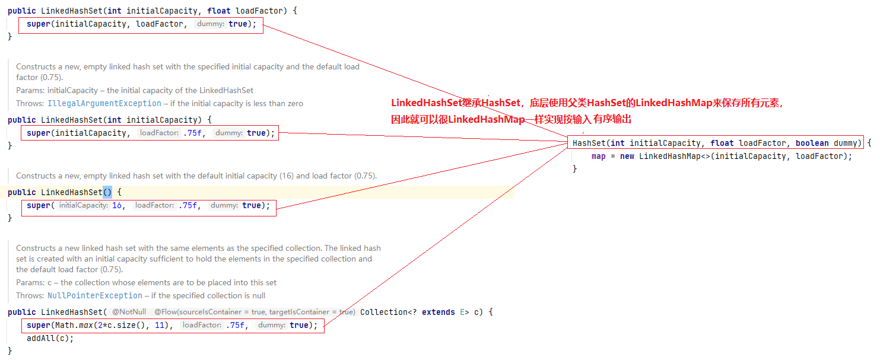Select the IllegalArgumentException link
[104, 103]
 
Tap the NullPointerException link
[95, 295]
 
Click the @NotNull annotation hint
[129, 312]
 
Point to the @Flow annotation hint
[255, 312]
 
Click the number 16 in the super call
[117, 205]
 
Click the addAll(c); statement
[50, 338]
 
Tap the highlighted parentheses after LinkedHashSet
[107, 192]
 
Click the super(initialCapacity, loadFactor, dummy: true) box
[141, 24]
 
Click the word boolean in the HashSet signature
[812, 143]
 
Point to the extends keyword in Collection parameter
[438, 312]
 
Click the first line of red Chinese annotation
[587, 103]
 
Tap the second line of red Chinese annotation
[511, 119]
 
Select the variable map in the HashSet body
[598, 156]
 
